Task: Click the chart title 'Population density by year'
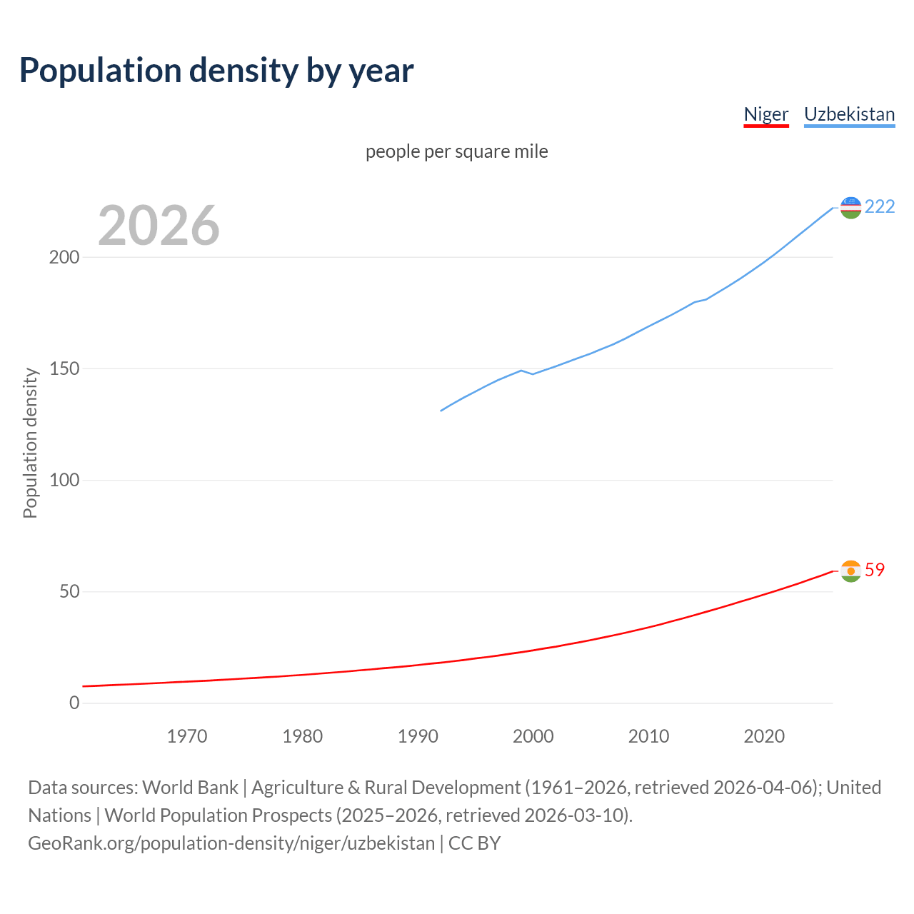(x=216, y=70)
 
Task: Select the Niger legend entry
(x=765, y=114)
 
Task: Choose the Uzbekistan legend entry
(x=849, y=114)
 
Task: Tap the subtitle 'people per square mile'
(x=456, y=151)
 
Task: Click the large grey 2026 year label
(x=159, y=226)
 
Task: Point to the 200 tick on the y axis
(x=64, y=257)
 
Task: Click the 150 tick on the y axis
(x=64, y=368)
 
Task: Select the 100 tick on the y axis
(x=64, y=480)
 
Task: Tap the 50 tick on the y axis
(x=69, y=592)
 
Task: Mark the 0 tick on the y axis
(x=74, y=703)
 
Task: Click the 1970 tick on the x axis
(x=187, y=736)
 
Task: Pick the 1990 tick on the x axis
(x=418, y=736)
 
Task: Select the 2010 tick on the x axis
(x=648, y=736)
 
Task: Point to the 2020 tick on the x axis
(x=764, y=736)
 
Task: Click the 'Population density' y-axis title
(x=30, y=443)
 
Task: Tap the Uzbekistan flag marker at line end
(x=850, y=208)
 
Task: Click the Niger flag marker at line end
(x=850, y=571)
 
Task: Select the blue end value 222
(x=880, y=206)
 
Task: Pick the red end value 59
(x=875, y=570)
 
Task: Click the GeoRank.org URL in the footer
(x=231, y=843)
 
